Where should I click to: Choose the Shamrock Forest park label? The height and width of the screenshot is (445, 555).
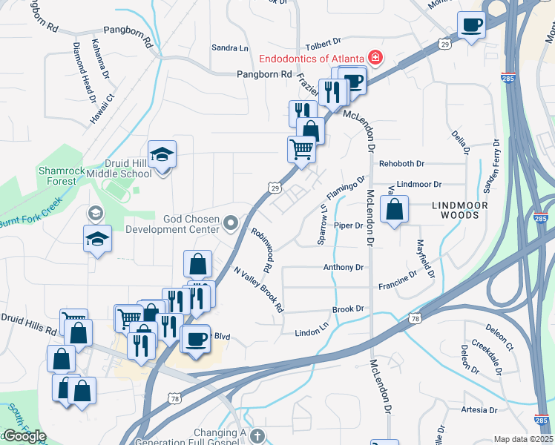point(57,176)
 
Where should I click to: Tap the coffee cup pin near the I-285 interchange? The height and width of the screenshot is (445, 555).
point(471,26)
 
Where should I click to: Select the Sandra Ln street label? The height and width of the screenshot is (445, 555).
point(229,48)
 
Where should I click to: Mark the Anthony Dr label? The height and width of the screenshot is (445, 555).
point(343,267)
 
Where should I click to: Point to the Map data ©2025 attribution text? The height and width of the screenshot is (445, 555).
point(523,439)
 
